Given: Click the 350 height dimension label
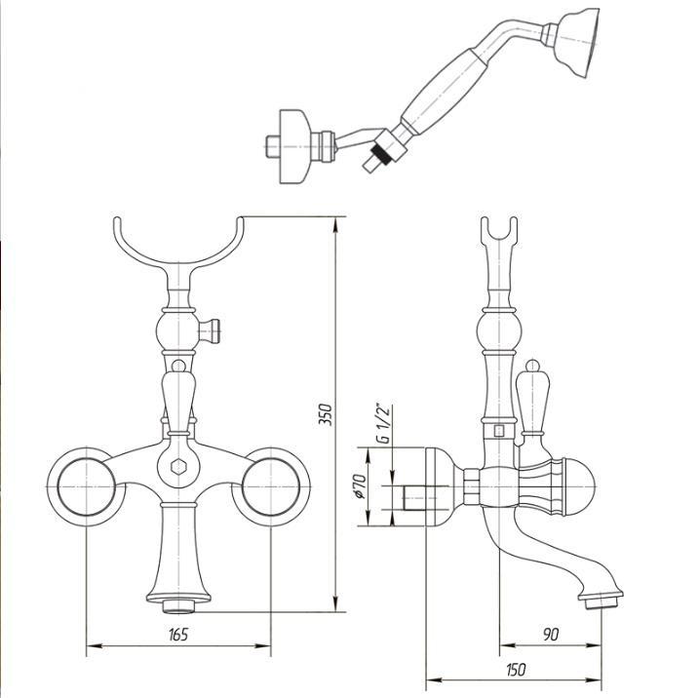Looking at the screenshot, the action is pyautogui.click(x=327, y=414).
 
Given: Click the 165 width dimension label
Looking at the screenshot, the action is pyautogui.click(x=178, y=635).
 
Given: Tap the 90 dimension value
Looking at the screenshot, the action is pyautogui.click(x=551, y=635).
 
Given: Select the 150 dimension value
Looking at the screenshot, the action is pyautogui.click(x=516, y=670).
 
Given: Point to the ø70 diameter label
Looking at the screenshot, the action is pyautogui.click(x=361, y=485).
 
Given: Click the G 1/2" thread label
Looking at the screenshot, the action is pyautogui.click(x=383, y=423).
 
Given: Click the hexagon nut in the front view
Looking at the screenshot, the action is pyautogui.click(x=178, y=467).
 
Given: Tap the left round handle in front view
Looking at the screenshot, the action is pyautogui.click(x=86, y=486).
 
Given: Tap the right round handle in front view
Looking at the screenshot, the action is pyautogui.click(x=271, y=486).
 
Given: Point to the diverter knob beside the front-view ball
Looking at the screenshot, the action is pyautogui.click(x=210, y=331).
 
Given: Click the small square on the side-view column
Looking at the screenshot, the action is pyautogui.click(x=499, y=431).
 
